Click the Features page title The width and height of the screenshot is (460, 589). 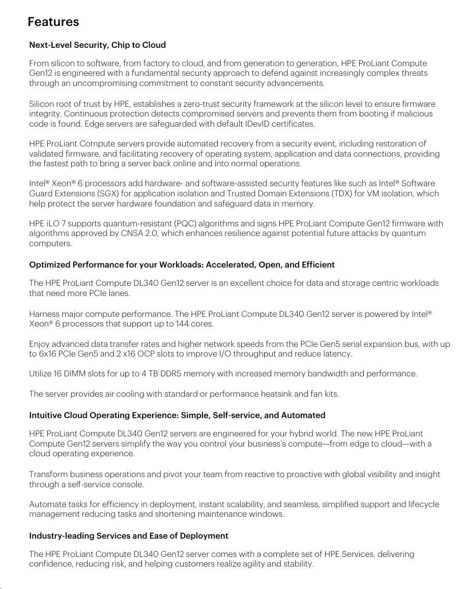click(53, 22)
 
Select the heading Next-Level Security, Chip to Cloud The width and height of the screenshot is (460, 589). click(97, 45)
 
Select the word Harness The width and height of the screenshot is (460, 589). click(44, 314)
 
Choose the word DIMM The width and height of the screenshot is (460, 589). click(73, 374)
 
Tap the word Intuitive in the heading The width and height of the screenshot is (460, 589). click(45, 415)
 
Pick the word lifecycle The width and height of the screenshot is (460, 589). click(420, 504)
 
